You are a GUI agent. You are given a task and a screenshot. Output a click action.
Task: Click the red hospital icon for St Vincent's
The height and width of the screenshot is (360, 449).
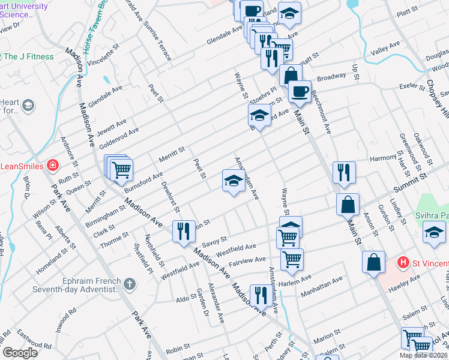point(404,262)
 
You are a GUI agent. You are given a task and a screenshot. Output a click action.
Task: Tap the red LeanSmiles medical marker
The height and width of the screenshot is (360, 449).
point(53,164)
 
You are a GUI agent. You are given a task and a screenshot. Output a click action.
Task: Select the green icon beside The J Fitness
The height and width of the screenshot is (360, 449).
point(8,57)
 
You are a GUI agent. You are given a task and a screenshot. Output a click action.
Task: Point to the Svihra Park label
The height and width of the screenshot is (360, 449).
point(438,215)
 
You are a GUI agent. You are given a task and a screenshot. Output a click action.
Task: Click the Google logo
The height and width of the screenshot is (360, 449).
point(20,353)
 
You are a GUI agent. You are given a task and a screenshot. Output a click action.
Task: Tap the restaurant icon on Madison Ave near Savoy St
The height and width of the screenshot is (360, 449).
point(184,232)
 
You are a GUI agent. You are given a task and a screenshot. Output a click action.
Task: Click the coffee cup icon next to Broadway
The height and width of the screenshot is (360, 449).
point(300,92)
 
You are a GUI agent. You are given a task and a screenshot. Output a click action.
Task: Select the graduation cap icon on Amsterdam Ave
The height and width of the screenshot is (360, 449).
point(233,181)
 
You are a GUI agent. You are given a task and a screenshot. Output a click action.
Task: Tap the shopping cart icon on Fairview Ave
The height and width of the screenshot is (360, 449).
point(292,259)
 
